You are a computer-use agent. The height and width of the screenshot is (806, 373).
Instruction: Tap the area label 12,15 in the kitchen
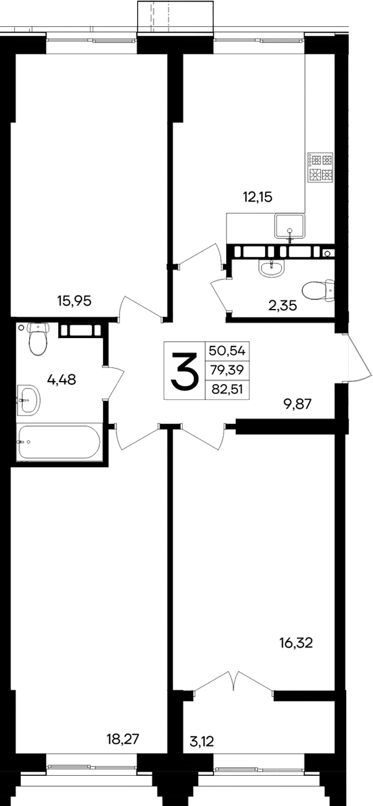coord(257,197)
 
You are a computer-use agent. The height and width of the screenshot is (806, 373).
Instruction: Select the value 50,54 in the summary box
coord(227,350)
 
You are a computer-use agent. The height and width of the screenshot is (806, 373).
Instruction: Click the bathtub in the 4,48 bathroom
coord(59,442)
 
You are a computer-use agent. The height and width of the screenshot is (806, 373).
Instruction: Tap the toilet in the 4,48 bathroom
coord(37,339)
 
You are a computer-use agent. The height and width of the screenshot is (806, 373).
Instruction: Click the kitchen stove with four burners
coord(320,166)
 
